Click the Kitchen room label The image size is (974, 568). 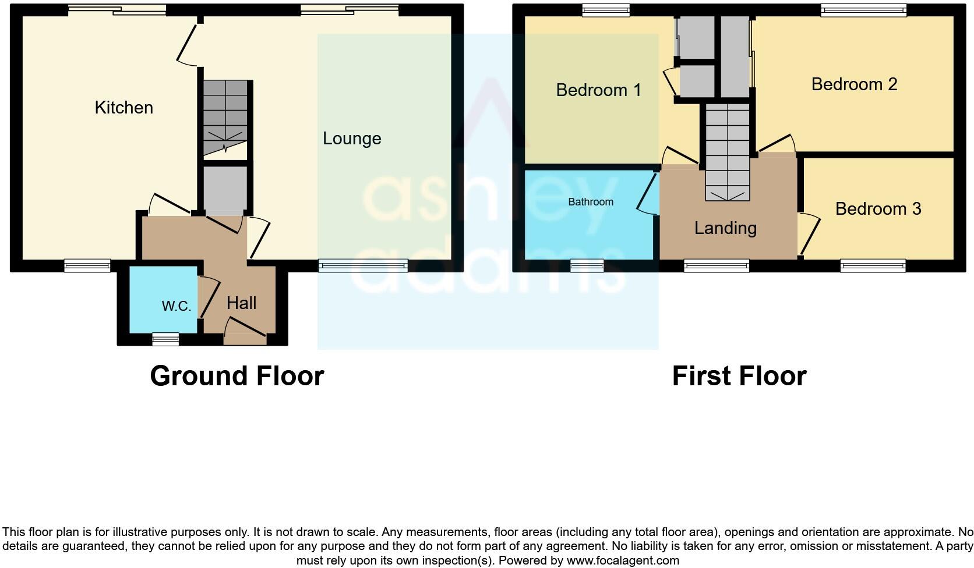[x=123, y=108]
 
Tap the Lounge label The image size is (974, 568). [x=352, y=139]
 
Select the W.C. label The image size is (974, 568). [x=176, y=306]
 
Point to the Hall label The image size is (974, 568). [x=241, y=303]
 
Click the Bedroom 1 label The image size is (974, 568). [x=598, y=90]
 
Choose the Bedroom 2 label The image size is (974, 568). [x=854, y=84]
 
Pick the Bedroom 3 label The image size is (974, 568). [x=878, y=209]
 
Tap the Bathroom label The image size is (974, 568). [x=591, y=202]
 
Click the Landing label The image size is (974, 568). [x=725, y=228]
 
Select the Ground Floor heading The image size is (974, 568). [x=237, y=376]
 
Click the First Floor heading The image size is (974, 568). [x=739, y=376]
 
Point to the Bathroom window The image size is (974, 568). [x=587, y=266]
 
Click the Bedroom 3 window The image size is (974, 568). [x=873, y=266]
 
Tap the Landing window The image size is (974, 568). [x=716, y=266]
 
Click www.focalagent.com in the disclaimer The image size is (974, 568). [x=623, y=561]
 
